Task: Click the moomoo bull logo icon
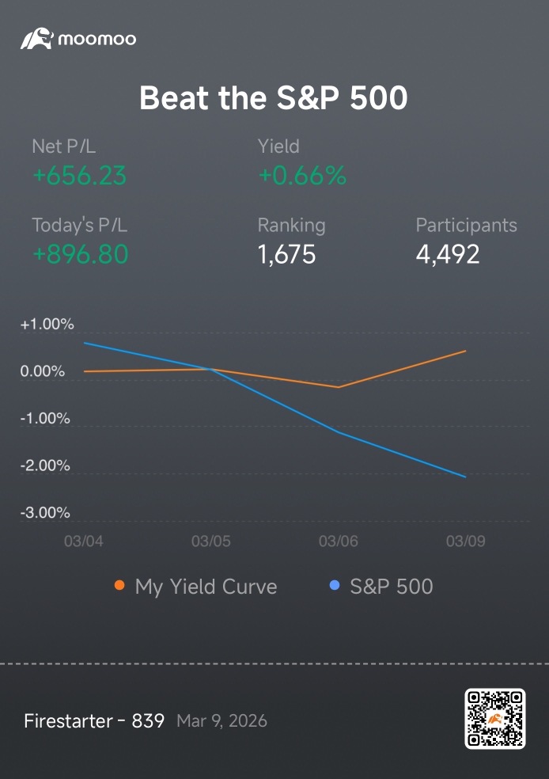pos(36,39)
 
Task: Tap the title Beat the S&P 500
pos(274,97)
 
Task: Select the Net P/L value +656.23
pos(79,176)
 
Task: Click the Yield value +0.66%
pos(302,176)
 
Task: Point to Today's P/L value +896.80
pos(81,254)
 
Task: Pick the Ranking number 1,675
pos(286,254)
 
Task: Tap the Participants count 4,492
pos(448,254)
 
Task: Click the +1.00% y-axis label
pos(47,325)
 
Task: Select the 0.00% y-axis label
pos(43,371)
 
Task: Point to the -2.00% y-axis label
pos(45,465)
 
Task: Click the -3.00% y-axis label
pos(45,513)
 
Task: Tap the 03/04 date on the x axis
pos(84,541)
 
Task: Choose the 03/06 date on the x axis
pos(339,541)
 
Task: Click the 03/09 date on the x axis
pos(466,541)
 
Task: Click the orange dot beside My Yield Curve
pos(119,585)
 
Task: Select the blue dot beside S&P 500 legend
pos(335,585)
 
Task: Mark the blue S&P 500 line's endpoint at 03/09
pos(466,477)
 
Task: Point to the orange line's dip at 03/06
pos(339,387)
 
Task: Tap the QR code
pos(495,718)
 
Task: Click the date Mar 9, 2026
pos(221,721)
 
